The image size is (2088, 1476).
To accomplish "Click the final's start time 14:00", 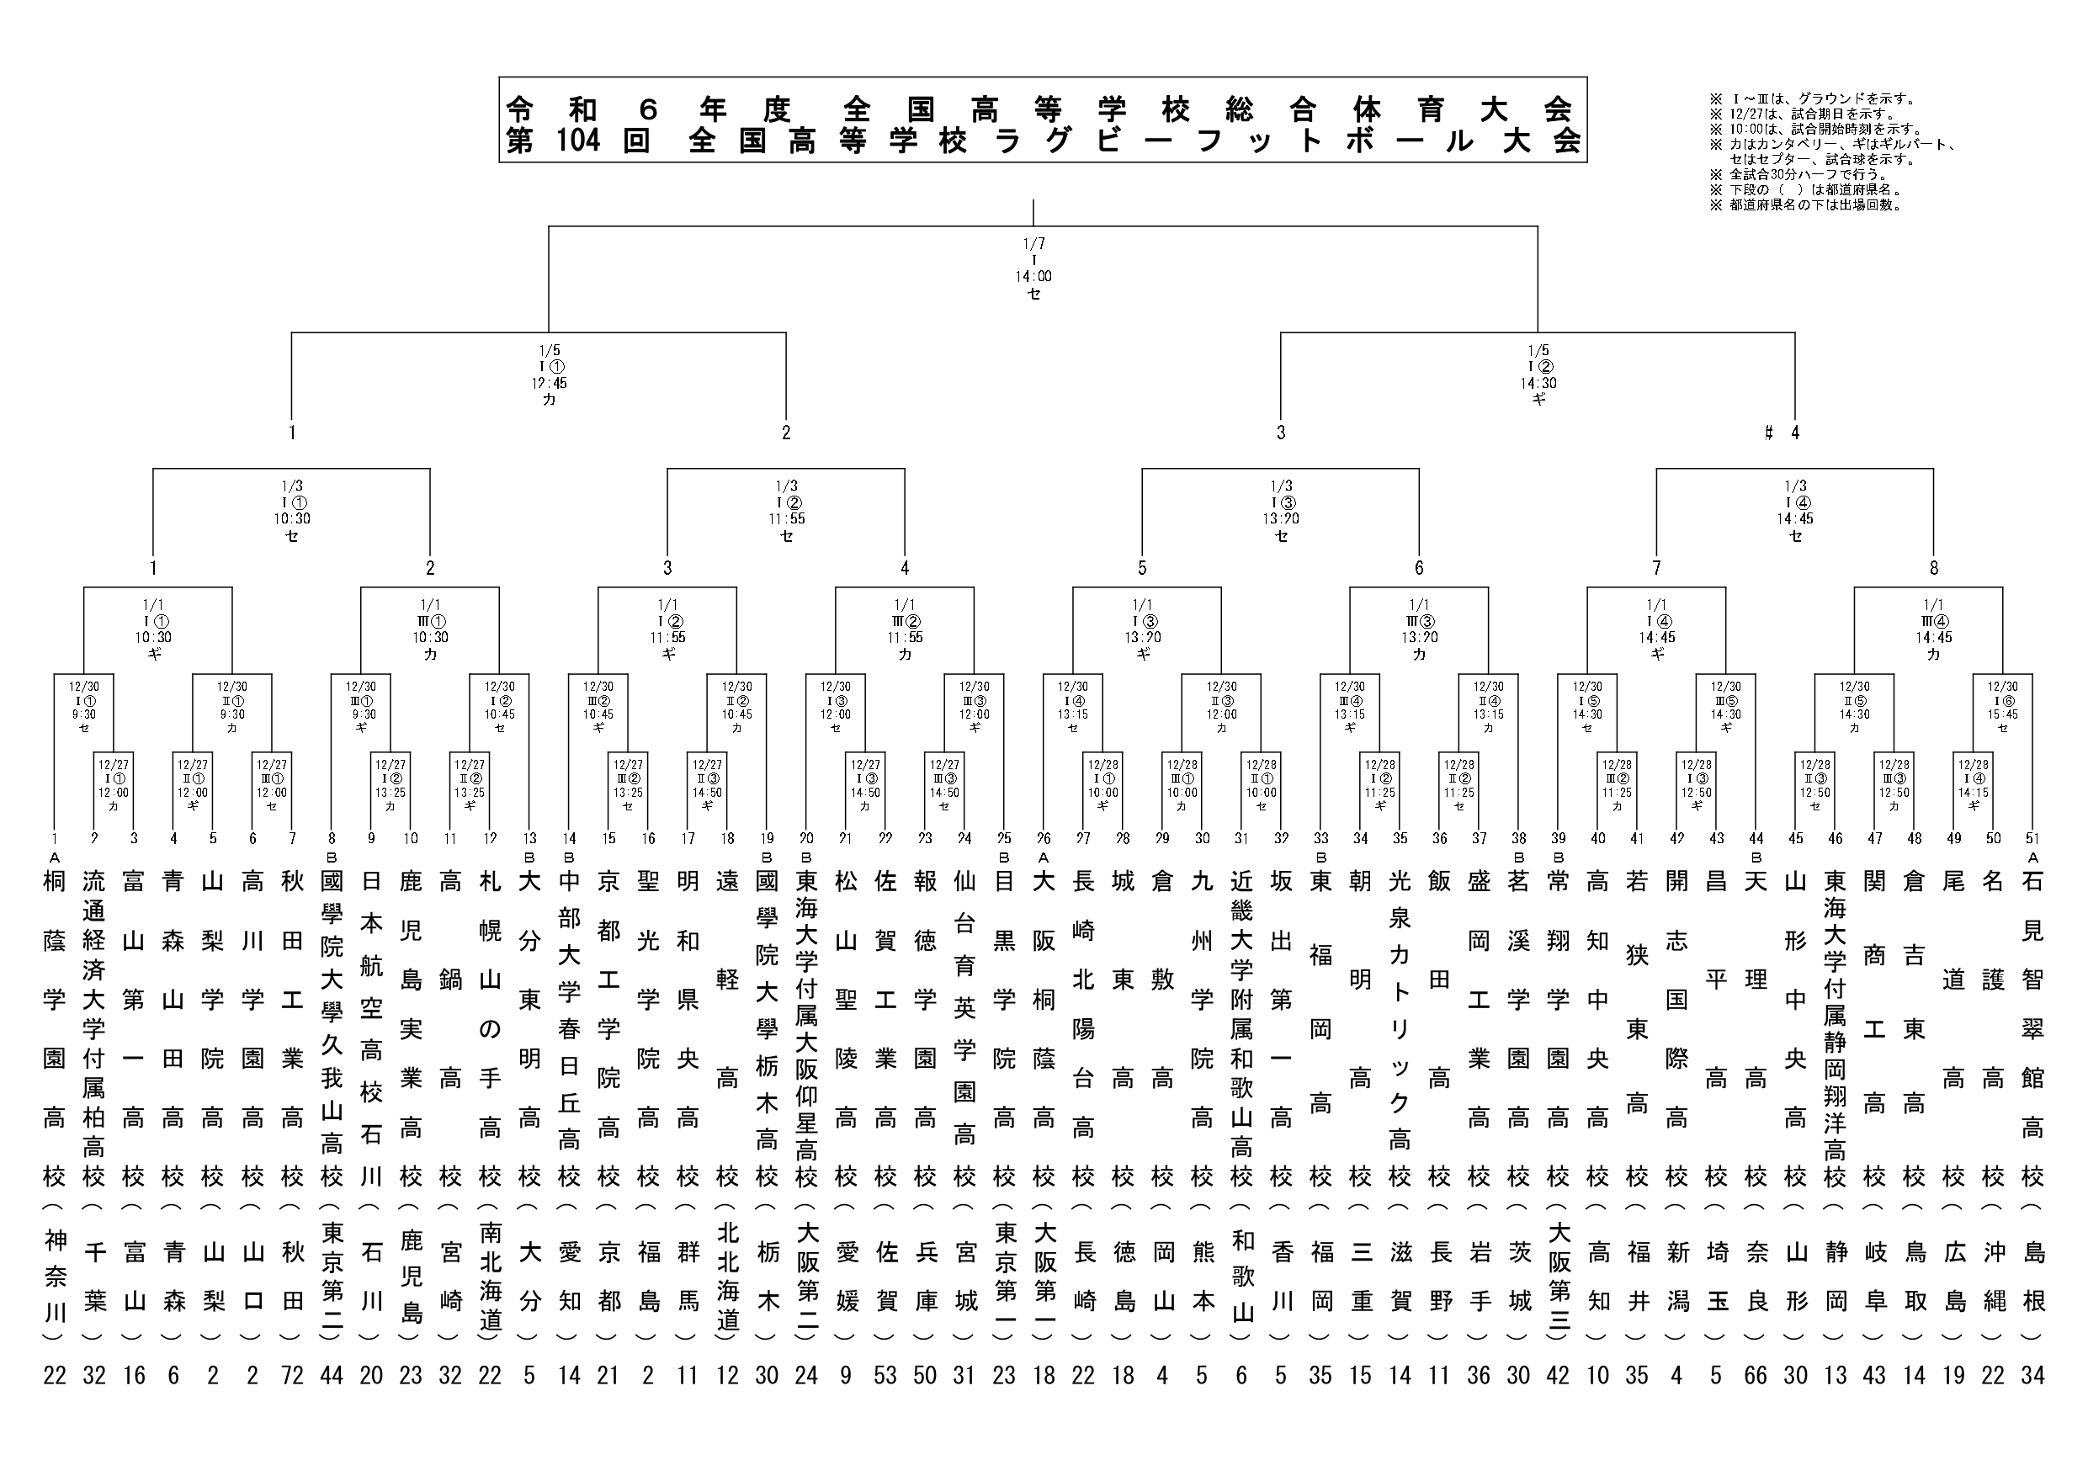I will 1033,277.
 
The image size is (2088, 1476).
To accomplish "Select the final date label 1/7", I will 1033,244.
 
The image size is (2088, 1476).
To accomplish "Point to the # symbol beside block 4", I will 1768,433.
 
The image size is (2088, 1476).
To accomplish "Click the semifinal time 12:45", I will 549,383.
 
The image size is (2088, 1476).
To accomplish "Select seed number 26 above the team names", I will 1043,838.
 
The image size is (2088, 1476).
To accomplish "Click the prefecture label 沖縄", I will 1993,1277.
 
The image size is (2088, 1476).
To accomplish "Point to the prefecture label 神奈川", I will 55,1277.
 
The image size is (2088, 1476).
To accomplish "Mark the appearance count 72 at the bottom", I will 292,1375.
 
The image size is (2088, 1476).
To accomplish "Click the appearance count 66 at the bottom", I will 1756,1375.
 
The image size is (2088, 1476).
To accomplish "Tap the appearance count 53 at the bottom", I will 885,1375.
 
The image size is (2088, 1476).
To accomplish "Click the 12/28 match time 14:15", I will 1973,792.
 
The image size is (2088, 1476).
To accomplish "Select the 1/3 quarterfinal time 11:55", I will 786,519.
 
